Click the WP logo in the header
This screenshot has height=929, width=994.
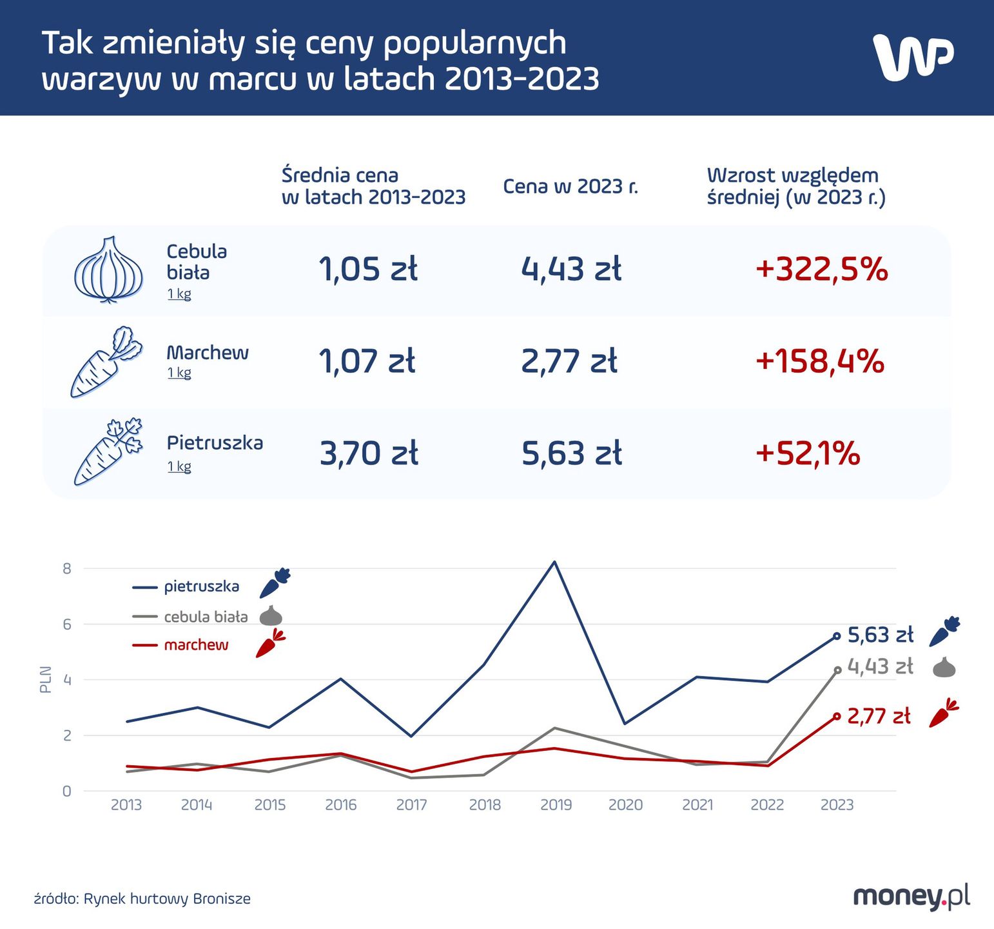(x=913, y=57)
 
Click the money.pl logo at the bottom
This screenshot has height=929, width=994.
(x=911, y=896)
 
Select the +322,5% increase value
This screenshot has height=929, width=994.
(x=821, y=270)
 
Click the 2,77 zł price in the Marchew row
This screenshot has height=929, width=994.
(x=569, y=361)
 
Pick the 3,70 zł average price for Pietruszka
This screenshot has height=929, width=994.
(x=369, y=454)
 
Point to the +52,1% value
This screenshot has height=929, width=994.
(x=808, y=454)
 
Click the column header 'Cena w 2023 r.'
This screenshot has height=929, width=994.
(x=570, y=186)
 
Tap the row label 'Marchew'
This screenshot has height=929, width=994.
(x=207, y=353)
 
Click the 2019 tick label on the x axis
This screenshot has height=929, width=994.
(x=556, y=805)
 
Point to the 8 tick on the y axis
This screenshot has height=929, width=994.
(x=67, y=568)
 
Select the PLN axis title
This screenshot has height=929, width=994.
(x=45, y=679)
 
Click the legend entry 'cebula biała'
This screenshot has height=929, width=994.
(x=206, y=617)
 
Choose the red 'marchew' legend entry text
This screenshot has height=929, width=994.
(x=196, y=645)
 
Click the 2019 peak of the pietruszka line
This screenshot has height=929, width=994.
(x=554, y=562)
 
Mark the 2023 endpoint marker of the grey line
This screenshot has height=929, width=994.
(x=837, y=670)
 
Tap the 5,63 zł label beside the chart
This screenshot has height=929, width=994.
(x=880, y=635)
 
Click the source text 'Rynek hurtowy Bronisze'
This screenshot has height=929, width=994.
(x=167, y=899)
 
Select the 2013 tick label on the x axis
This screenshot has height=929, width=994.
(x=126, y=805)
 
